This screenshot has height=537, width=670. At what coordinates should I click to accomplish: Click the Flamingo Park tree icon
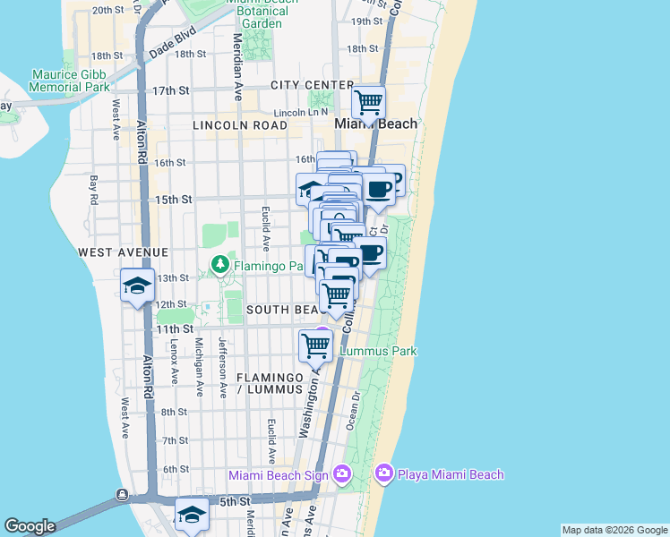tap(219, 265)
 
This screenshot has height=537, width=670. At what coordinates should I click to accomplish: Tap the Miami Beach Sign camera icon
tap(341, 473)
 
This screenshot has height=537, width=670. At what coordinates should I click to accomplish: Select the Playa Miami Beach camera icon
tap(383, 472)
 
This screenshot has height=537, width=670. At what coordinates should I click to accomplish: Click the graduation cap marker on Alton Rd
tap(137, 286)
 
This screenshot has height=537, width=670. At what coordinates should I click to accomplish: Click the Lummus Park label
tap(379, 351)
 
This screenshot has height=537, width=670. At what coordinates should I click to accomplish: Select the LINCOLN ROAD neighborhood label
tap(239, 125)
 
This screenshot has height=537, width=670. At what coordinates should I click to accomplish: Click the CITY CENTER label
tap(299, 85)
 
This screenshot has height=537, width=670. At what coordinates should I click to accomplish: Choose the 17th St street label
tap(170, 91)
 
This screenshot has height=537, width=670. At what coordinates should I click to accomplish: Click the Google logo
tap(30, 526)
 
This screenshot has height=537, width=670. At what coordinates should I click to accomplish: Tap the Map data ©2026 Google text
tap(614, 530)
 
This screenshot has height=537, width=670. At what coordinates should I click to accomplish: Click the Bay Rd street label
tap(93, 189)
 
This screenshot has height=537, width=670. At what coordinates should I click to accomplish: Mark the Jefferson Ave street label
tap(221, 367)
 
